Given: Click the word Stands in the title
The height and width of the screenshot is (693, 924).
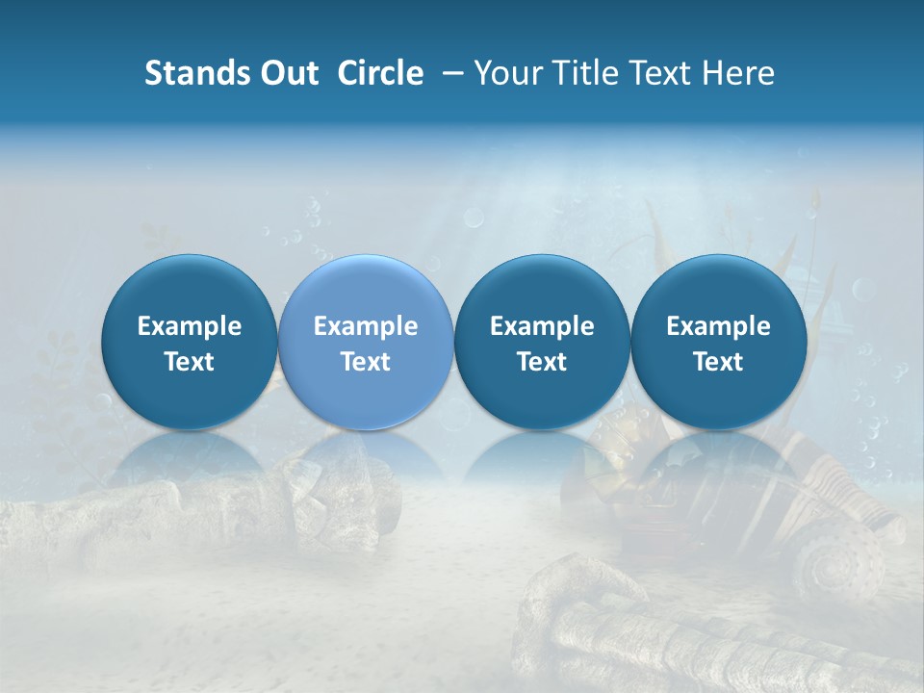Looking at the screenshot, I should point(196,73).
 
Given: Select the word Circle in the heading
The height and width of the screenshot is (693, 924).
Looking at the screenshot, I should point(380,73).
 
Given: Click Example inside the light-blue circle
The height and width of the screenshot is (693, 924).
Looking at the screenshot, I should point(366,326).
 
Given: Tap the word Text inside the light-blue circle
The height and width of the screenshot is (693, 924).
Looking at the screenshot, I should point(366,362).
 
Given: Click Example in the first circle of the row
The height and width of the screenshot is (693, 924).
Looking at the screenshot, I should point(190,326).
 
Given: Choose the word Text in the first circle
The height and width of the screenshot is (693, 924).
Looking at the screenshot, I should point(190,362).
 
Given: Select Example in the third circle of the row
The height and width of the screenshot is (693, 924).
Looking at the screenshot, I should point(542,326).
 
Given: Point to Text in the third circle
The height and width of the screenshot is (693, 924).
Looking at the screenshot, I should point(542,362).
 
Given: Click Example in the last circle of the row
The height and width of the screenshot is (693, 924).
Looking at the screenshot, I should point(718,326).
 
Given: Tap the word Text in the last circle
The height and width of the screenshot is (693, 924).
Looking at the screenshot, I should point(718,362).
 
